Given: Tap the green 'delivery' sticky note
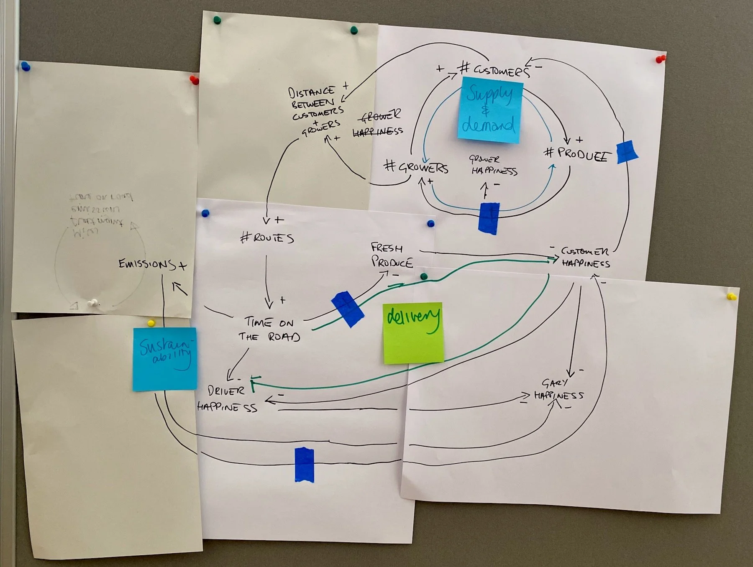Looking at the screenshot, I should [x=413, y=332].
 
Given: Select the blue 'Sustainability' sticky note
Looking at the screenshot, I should [x=165, y=359].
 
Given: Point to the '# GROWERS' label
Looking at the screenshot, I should [x=416, y=167].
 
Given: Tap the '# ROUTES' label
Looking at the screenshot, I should [x=267, y=238].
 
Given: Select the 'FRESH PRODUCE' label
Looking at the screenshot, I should [x=392, y=255].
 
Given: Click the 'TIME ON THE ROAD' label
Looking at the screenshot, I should [x=270, y=329].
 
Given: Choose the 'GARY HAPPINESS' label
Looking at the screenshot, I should [x=558, y=390].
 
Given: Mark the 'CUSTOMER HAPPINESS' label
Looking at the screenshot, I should [x=585, y=257].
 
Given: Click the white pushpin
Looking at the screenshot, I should [x=93, y=302].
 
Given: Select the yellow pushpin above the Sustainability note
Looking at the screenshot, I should [x=151, y=323].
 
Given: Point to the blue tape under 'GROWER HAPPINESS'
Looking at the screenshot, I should [x=489, y=217].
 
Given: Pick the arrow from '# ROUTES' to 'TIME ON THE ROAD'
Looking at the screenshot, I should [x=267, y=280].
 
